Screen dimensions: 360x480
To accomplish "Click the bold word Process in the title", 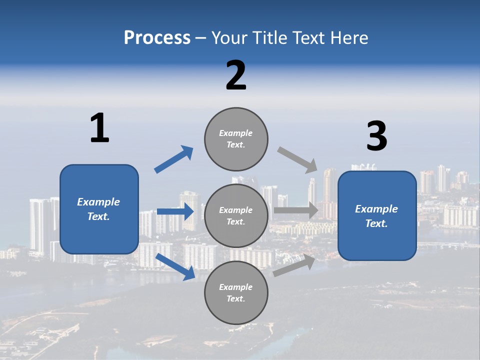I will click(157, 38).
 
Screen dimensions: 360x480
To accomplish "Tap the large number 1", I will click(99, 128).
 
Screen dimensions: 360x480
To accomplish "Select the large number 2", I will click(236, 75).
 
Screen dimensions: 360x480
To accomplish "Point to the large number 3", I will click(376, 137).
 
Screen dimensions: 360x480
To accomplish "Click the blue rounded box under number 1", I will click(99, 209).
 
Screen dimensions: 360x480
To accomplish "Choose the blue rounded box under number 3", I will click(377, 215).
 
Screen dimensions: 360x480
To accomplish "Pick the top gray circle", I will click(236, 139).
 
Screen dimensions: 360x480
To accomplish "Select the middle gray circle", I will click(236, 215).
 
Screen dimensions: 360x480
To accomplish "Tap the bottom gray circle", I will click(236, 292).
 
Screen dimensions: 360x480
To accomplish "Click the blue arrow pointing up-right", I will click(174, 159).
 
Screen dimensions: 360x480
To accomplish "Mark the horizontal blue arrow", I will click(175, 211).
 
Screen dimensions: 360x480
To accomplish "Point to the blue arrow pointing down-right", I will click(175, 266).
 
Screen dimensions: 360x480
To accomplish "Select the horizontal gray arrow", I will click(296, 210).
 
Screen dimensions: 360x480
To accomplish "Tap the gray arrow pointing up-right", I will click(294, 265).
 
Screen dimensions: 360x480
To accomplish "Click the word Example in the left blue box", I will click(98, 202).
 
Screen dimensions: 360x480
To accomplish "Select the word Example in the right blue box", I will click(376, 209).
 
